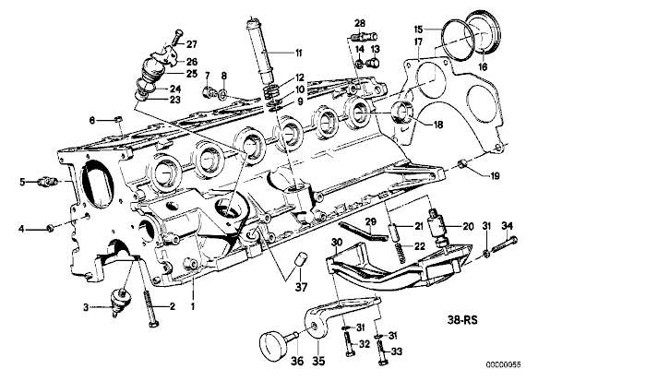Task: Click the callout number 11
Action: tap(297, 53)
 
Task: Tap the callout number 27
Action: tap(192, 43)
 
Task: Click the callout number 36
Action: tap(271, 362)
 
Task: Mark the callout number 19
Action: tap(494, 174)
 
